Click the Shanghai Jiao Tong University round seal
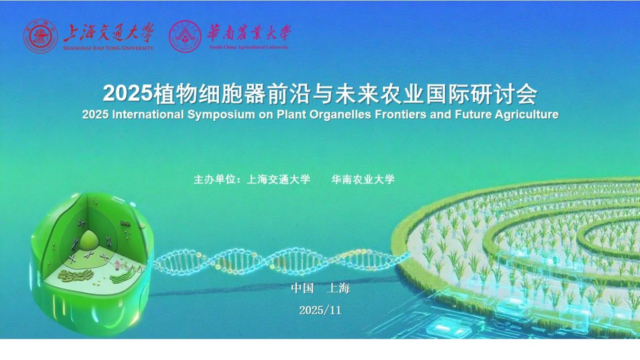click(x=40, y=36)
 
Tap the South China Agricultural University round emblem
click(x=185, y=36)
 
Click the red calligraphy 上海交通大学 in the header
click(x=108, y=32)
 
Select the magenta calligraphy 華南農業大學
click(x=249, y=32)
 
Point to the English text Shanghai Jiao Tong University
click(x=108, y=48)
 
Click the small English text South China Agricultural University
click(x=249, y=47)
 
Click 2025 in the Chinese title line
click(x=128, y=93)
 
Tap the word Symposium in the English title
click(x=221, y=115)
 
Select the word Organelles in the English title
click(x=340, y=115)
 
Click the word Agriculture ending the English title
click(x=526, y=115)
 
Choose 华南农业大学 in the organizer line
click(x=363, y=180)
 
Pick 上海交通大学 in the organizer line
click(x=278, y=180)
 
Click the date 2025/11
click(x=320, y=311)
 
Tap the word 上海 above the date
click(x=338, y=288)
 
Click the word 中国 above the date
click(x=302, y=288)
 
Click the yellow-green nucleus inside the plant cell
click(x=89, y=240)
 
